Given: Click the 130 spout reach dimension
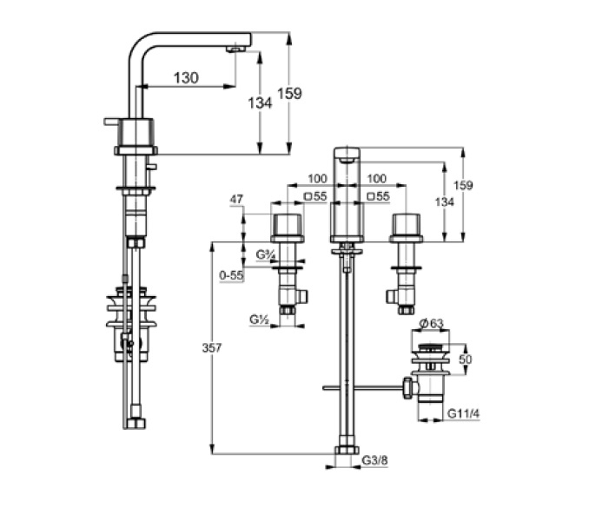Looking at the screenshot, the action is pos(186,78).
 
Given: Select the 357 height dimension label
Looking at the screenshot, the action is pos(212,348).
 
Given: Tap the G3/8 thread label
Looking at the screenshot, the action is pos(375,460).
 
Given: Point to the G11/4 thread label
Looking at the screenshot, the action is pos(464,413).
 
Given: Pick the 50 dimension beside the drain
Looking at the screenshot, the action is pos(465,360).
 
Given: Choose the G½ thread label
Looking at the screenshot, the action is pos(260,320).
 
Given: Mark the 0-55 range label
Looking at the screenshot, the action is pos(231,275).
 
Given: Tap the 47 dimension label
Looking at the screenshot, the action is pos(236,199).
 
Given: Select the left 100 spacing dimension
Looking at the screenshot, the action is pos(317,178).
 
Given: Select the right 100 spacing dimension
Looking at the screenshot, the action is pos(376,178).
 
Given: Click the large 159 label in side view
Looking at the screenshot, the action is pos(289,93).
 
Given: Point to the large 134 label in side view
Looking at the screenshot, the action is pos(260,102).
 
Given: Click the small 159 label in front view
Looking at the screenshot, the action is pos(463,185).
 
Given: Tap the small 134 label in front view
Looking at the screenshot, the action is pos(445,202).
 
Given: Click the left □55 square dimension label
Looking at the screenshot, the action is pos(315,196).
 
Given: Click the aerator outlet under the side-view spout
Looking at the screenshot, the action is pos(235,49).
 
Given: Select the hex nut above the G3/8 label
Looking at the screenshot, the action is pos(347,450).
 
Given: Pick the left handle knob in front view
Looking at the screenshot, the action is pos(287,225).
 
